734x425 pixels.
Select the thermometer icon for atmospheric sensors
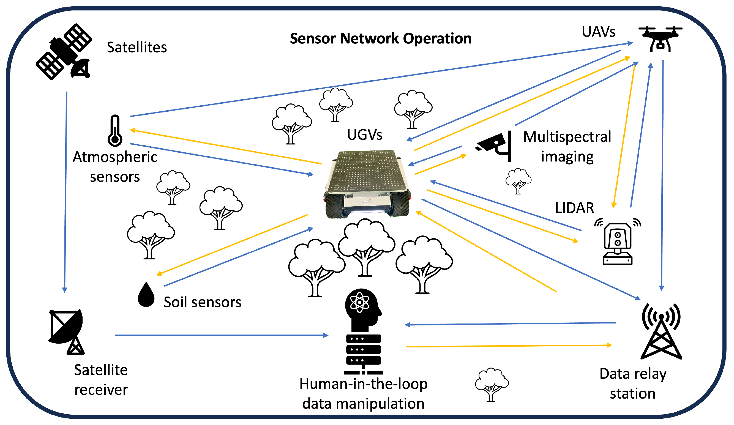click(115, 131)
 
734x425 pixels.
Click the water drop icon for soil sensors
click(146, 295)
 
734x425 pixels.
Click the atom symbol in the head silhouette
click(360, 303)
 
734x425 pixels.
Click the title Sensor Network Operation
click(381, 39)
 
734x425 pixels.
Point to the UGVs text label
click(365, 135)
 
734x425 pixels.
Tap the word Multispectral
click(567, 137)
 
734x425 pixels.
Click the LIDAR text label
click(574, 208)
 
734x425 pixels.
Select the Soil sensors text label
click(203, 302)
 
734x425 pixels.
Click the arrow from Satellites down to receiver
click(66, 189)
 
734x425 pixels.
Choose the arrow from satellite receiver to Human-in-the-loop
click(221, 335)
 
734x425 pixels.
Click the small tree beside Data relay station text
click(491, 384)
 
